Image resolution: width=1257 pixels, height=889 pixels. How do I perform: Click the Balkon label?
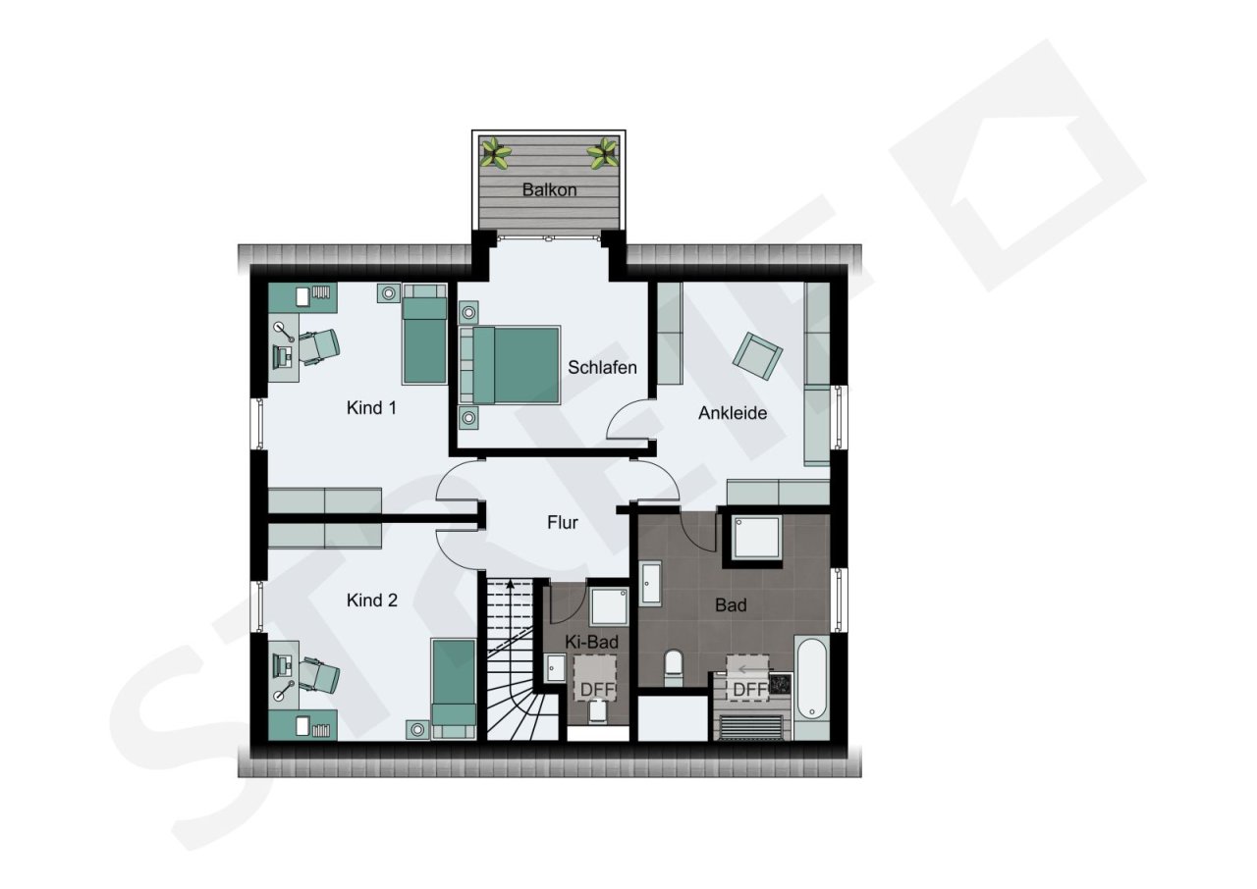[549, 190]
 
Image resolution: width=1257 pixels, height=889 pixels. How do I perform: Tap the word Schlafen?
[602, 368]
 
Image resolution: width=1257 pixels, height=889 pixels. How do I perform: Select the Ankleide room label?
[733, 413]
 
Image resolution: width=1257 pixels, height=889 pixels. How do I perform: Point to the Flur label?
[563, 523]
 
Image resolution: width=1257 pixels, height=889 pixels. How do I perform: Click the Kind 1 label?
[371, 408]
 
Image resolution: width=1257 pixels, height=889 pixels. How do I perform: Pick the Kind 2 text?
[372, 601]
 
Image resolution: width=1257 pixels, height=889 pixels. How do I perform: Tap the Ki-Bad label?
[591, 643]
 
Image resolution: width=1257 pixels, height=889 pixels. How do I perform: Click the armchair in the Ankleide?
[757, 355]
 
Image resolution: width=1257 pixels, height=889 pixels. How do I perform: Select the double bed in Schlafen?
[510, 365]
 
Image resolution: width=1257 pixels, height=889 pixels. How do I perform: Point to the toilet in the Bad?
[673, 666]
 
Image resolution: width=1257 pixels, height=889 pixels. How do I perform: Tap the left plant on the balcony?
[496, 152]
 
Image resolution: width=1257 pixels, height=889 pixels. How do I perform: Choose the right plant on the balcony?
[602, 152]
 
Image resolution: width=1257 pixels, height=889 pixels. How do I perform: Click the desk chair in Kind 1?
[319, 345]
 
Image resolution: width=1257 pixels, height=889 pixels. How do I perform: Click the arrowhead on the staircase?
[510, 585]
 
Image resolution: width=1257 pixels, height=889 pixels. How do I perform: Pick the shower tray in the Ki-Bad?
[609, 606]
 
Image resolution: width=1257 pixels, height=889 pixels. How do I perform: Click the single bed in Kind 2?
[454, 689]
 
